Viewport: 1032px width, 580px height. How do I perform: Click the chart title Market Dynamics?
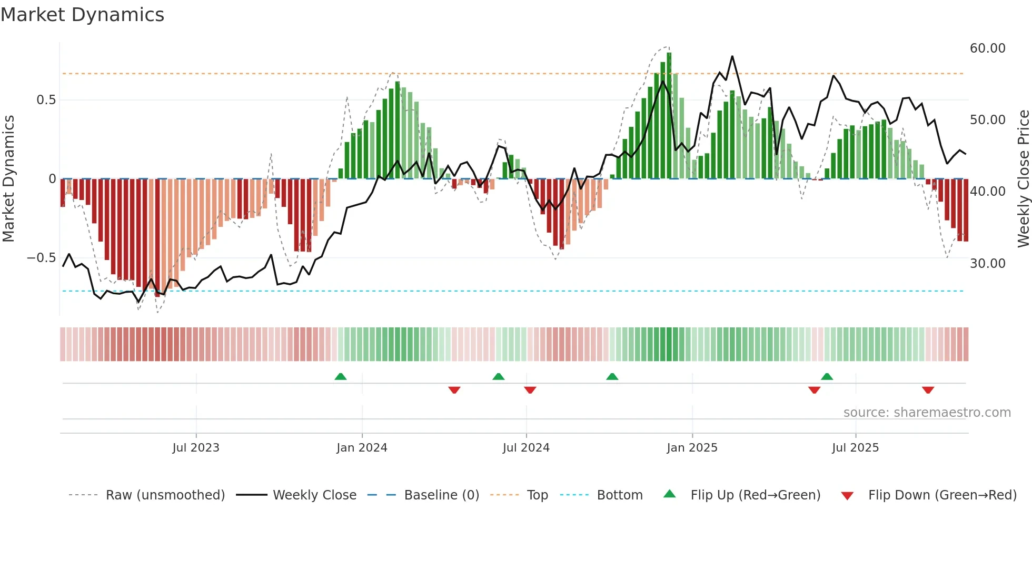pyautogui.click(x=82, y=15)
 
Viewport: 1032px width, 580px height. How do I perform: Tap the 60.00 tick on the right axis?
pyautogui.click(x=987, y=48)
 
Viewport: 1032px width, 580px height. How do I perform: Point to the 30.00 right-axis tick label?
pyautogui.click(x=987, y=264)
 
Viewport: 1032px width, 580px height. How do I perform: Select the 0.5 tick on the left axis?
pyautogui.click(x=46, y=100)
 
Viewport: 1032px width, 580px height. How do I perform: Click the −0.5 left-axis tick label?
pyautogui.click(x=41, y=258)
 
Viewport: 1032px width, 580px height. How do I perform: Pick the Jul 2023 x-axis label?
pyautogui.click(x=196, y=448)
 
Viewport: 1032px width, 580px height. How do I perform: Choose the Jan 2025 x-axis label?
pyautogui.click(x=692, y=448)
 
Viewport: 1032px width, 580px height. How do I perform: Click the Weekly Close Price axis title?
pyautogui.click(x=1023, y=179)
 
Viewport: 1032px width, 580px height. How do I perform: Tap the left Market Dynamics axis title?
pyautogui.click(x=8, y=179)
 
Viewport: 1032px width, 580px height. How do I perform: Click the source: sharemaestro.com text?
pyautogui.click(x=927, y=413)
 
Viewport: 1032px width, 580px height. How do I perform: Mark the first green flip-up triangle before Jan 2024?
pyautogui.click(x=341, y=377)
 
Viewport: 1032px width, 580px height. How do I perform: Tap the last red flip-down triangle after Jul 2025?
pyautogui.click(x=928, y=390)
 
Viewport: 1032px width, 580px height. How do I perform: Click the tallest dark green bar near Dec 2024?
pyautogui.click(x=669, y=116)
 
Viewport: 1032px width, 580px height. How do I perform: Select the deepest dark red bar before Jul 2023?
pyautogui.click(x=157, y=237)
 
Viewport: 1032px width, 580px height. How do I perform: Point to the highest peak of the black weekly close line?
pyautogui.click(x=732, y=57)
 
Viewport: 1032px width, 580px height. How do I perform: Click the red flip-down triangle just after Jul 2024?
pyautogui.click(x=530, y=390)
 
